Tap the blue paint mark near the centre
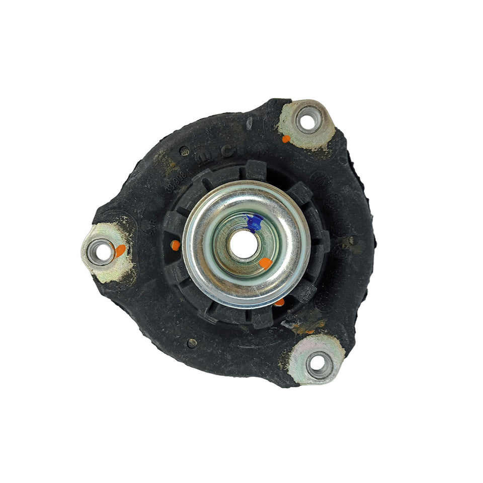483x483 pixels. [255, 222]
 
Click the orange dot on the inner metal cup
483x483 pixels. [266, 263]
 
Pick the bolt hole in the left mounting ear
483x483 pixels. [102, 251]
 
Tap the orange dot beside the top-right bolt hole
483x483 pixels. [286, 139]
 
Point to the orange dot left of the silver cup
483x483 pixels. [175, 245]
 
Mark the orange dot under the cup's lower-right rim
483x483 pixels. [280, 302]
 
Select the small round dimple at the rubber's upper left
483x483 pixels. [184, 150]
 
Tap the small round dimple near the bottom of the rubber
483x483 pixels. [192, 343]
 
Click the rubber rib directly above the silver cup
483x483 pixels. [256, 169]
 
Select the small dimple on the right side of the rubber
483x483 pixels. [352, 240]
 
